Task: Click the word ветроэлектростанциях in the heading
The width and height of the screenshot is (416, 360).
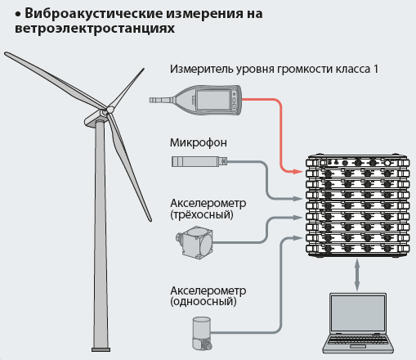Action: (x=95, y=29)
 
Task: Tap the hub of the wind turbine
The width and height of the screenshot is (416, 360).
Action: (x=109, y=110)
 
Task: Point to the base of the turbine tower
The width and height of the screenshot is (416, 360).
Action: (x=101, y=349)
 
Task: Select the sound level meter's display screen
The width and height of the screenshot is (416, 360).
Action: (x=213, y=100)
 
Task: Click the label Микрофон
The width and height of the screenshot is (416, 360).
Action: (x=199, y=142)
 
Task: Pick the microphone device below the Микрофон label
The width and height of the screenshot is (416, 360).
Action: (x=199, y=161)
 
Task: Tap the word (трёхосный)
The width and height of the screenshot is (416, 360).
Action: (x=202, y=215)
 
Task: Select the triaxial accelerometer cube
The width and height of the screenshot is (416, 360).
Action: (x=195, y=242)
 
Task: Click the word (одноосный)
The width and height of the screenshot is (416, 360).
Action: (x=204, y=302)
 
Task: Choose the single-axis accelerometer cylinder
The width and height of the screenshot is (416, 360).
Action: (x=202, y=333)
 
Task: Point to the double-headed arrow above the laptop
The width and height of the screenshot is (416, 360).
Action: (x=357, y=275)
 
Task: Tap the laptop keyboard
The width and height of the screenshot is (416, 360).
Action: (x=358, y=340)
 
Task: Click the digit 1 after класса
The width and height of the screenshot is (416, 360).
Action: (x=375, y=69)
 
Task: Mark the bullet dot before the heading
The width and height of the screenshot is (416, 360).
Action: (x=18, y=15)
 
